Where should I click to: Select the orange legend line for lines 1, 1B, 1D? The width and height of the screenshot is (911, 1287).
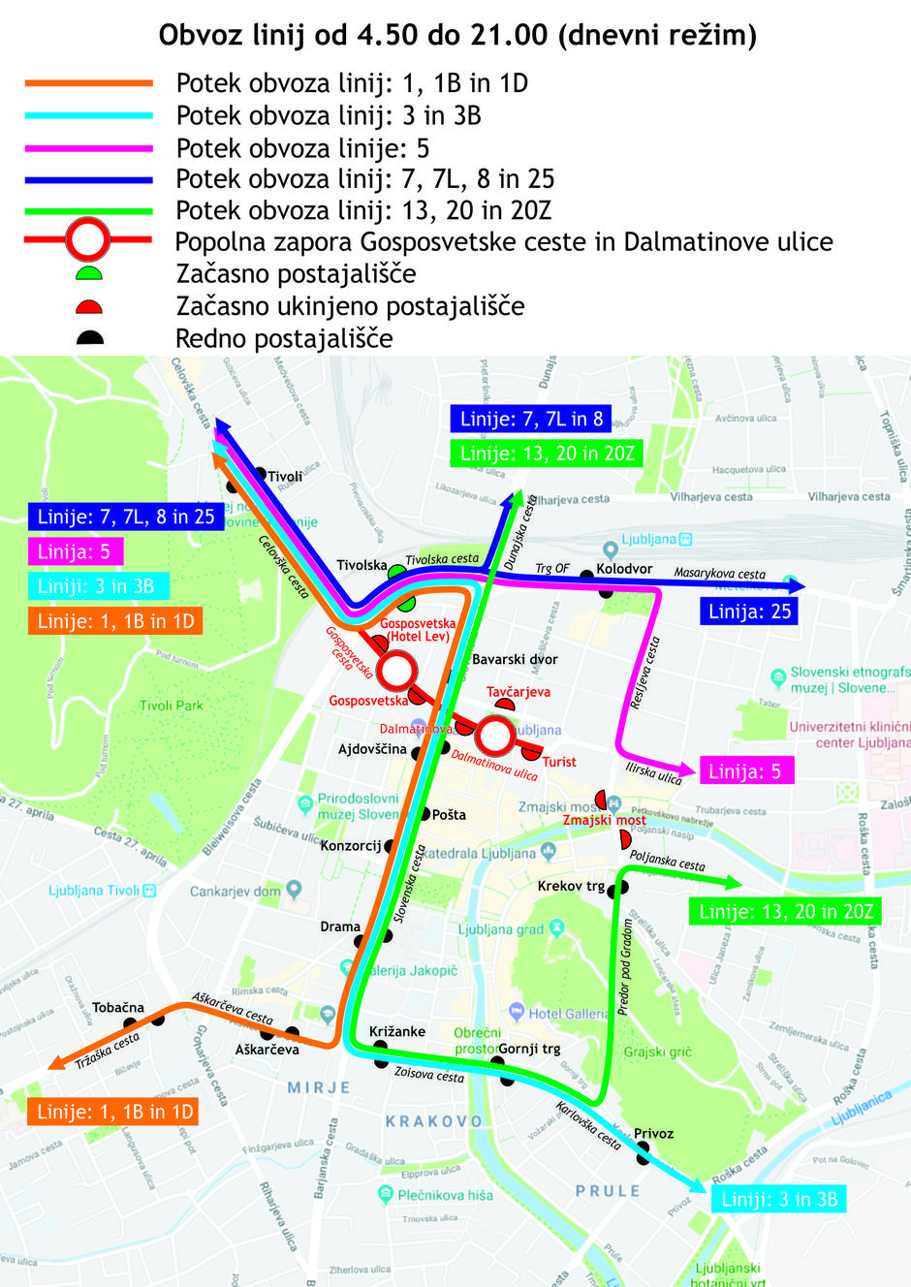coord(89,83)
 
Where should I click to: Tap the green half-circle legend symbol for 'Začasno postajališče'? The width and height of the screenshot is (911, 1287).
coord(89,274)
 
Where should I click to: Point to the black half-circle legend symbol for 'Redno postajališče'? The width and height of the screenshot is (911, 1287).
coord(89,338)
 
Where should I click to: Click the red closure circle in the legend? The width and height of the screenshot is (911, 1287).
coord(88,239)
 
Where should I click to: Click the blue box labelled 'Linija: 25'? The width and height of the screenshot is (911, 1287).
coord(749,612)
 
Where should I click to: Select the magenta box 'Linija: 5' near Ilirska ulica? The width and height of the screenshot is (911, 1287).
coord(744,771)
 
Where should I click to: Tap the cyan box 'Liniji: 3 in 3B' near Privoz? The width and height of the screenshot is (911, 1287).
coord(778,1199)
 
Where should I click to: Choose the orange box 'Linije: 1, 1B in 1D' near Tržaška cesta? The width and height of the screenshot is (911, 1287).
coord(114,1112)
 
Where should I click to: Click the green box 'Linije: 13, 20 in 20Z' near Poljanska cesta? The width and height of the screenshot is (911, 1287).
coord(786,911)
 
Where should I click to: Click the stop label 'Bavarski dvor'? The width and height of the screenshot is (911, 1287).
coord(515,660)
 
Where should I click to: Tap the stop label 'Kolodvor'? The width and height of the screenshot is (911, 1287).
coord(624,569)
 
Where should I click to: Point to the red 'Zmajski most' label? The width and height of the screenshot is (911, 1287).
coord(604,820)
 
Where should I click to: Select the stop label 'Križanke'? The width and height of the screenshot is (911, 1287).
coord(397,1031)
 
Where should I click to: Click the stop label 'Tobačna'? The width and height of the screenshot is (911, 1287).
coord(118,1008)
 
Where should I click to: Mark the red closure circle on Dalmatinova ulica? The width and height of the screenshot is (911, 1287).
coord(496,736)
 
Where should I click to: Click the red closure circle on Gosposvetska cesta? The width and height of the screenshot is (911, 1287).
coord(397,669)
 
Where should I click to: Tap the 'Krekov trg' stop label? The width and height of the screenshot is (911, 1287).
coord(571,886)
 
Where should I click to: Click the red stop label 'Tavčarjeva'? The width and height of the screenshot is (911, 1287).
coord(518,692)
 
